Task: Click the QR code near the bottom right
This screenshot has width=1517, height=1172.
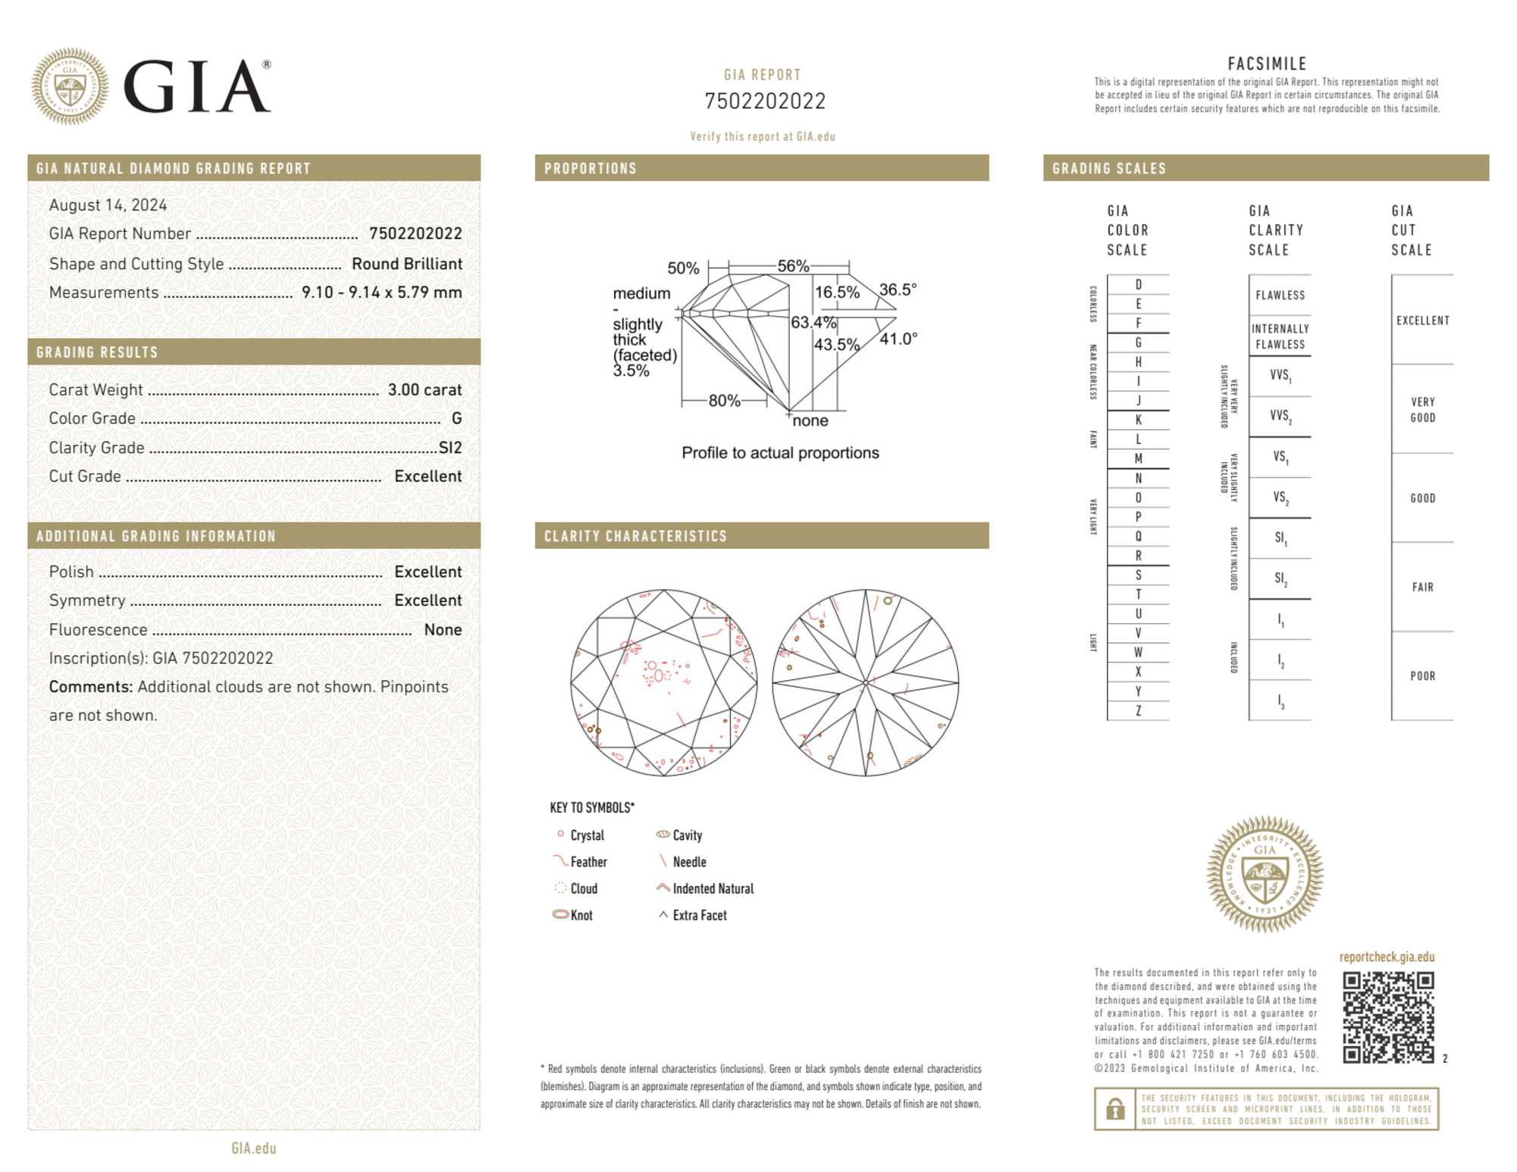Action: point(1387,1017)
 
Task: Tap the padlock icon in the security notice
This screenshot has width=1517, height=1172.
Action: point(1114,1109)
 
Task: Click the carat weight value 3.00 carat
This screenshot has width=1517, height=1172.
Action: point(425,390)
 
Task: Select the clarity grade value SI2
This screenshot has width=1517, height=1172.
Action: point(450,447)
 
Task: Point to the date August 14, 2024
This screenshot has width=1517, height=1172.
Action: point(108,205)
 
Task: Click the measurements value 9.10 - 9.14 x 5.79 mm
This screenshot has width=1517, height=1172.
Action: point(381,293)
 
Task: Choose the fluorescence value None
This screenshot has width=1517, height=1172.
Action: point(443,629)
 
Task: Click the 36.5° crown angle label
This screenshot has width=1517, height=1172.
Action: point(898,290)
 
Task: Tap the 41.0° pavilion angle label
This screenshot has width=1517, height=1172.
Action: point(898,339)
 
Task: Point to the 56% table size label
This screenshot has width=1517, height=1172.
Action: point(793,266)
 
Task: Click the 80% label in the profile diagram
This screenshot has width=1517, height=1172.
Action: point(724,400)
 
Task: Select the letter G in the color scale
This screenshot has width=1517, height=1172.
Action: point(1138,343)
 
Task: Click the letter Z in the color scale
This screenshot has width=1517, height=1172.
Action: point(1138,710)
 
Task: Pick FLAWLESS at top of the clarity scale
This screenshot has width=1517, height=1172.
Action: point(1280,295)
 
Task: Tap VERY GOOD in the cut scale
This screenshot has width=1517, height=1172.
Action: point(1422,409)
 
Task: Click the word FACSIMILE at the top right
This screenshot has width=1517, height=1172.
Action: point(1267,64)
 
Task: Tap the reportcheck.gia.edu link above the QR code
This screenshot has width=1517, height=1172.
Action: point(1387,957)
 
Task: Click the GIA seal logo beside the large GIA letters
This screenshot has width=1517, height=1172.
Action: point(70,86)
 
